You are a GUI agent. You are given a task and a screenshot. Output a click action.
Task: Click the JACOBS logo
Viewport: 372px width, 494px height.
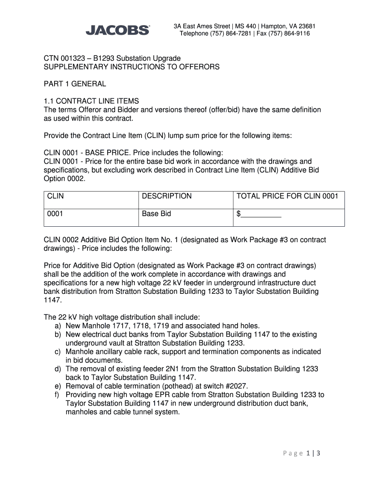tap(117, 30)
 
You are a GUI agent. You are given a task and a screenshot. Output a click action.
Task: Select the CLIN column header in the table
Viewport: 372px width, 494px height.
tap(56, 196)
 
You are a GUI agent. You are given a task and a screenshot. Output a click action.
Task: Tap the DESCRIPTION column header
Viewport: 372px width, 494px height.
tap(167, 196)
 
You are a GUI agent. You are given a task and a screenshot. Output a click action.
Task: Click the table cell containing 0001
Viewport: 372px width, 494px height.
tap(55, 214)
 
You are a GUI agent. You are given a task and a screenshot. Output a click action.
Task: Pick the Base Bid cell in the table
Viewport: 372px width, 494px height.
tap(156, 214)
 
